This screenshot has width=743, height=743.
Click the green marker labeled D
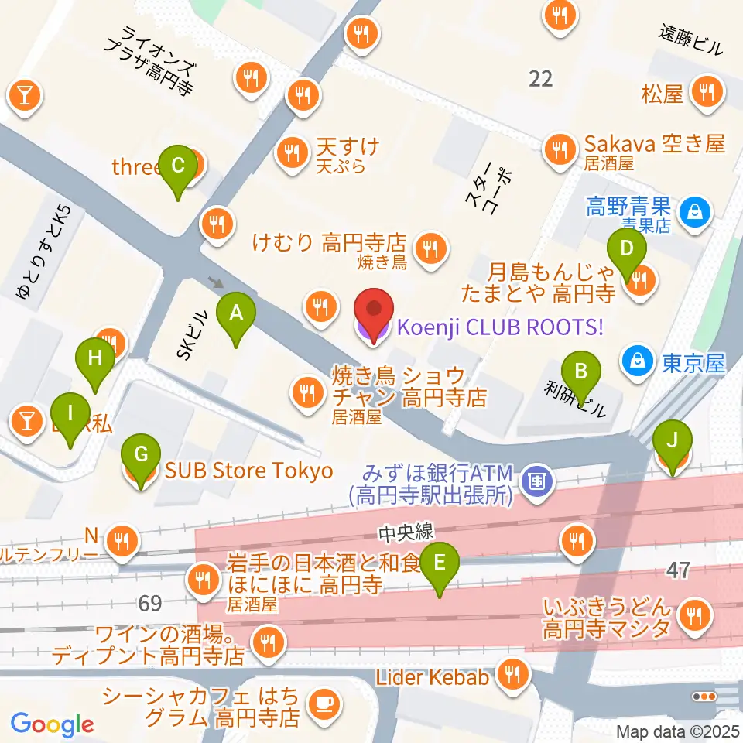[x=628, y=250]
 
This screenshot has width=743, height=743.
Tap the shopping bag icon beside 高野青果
[x=694, y=209]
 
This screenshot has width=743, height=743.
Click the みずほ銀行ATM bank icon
[x=535, y=481]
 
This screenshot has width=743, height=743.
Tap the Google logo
[x=52, y=724]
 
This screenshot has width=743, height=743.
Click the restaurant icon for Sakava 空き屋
[x=559, y=145]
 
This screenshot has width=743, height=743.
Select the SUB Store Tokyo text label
[x=247, y=471]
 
